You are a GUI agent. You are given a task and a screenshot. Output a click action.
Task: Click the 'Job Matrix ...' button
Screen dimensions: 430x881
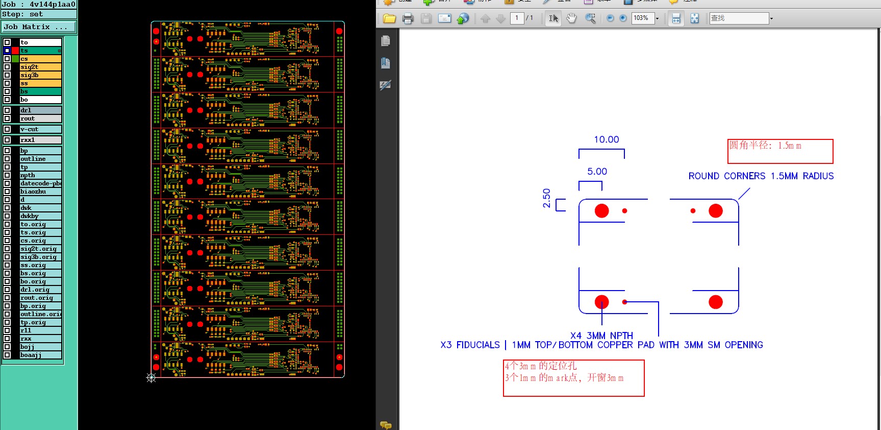tap(38, 27)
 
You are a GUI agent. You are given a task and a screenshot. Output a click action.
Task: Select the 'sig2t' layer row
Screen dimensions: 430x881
tap(40, 67)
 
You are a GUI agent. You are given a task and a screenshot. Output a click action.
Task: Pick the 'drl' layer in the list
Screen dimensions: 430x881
tap(40, 110)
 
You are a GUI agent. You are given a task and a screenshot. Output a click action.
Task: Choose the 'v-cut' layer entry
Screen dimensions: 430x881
tap(40, 129)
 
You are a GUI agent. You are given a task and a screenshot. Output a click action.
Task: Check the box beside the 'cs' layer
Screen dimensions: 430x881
tap(7, 59)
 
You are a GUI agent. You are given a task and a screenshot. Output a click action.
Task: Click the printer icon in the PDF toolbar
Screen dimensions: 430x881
tap(408, 19)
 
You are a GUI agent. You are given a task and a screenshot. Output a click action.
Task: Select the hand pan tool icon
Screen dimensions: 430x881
tap(571, 18)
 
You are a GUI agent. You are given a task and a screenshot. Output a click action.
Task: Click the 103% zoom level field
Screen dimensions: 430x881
tap(642, 18)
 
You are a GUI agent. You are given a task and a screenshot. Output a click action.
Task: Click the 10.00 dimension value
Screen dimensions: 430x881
tap(607, 139)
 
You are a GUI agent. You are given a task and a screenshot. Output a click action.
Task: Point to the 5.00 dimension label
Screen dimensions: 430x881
tap(597, 172)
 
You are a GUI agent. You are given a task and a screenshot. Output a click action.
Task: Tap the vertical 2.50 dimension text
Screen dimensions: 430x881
tap(547, 198)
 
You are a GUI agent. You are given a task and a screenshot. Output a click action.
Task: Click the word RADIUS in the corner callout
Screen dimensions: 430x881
tap(818, 176)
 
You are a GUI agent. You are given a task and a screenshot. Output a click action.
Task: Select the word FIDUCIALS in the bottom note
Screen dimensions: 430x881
tap(478, 345)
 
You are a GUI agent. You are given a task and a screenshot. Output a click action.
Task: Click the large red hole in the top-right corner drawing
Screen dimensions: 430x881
tap(716, 210)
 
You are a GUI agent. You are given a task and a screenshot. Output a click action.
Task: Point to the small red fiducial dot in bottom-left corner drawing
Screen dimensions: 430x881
tap(624, 302)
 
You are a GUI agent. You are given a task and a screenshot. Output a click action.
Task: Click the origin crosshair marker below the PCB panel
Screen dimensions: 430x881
tap(151, 378)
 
